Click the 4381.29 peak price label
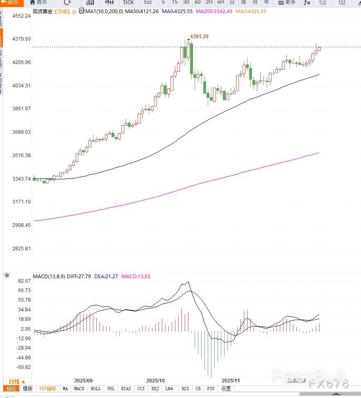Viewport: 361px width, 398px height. tap(200, 37)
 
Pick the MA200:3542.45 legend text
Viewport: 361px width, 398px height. tap(214, 11)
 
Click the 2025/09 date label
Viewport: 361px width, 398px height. tap(83, 380)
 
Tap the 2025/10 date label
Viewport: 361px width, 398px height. tap(155, 380)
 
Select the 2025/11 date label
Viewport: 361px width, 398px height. tap(230, 380)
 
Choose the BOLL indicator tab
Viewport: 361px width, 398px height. tap(95, 389)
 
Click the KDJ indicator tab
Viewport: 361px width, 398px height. tap(155, 389)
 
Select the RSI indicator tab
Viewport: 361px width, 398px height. tap(185, 389)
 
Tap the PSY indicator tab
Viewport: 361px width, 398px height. tap(211, 389)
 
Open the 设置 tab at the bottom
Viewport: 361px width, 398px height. tap(226, 389)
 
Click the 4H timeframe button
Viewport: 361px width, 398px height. tap(220, 2)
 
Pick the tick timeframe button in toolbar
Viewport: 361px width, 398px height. tap(128, 2)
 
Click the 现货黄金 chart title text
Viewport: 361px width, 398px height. tap(43, 11)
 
